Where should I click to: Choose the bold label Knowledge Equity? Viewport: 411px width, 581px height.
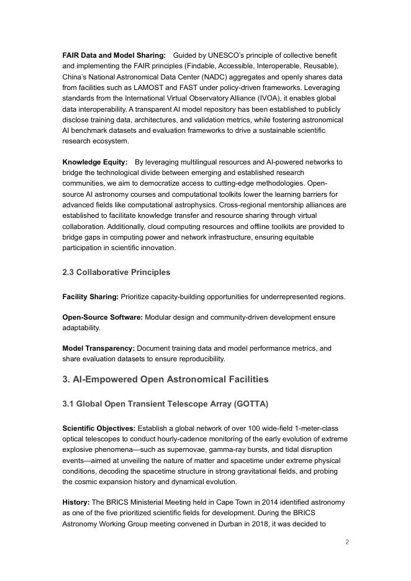pos(94,162)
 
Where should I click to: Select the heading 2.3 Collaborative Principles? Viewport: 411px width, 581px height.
pos(116,272)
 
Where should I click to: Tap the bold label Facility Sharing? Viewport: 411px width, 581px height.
pos(90,297)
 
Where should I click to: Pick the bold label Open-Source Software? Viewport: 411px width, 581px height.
pos(102,317)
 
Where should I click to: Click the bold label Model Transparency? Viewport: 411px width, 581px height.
pos(98,348)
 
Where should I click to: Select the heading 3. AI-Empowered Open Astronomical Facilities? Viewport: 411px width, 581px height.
pos(165,379)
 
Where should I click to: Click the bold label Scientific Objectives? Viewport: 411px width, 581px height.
pos(99,428)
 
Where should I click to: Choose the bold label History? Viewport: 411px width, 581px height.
pos(76,502)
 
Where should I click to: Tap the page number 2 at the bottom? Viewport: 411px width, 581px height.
pos(347,542)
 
